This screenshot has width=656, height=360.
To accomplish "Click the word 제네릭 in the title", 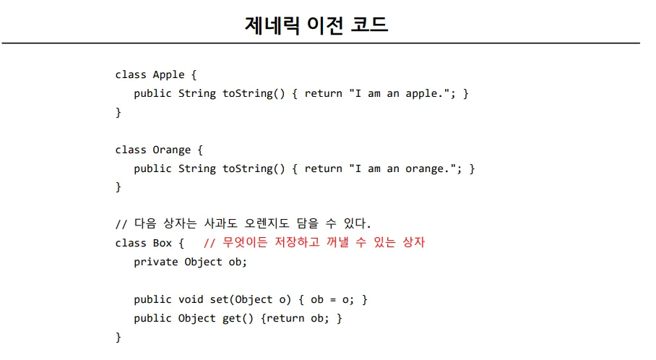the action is (272, 25).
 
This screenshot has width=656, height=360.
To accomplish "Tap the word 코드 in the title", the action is (368, 25).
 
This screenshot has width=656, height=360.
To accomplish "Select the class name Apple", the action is (168, 75).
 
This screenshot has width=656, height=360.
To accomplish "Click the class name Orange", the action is (171, 150).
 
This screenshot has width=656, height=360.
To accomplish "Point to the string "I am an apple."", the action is (400, 93).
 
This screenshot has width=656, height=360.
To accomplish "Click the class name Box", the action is (163, 243).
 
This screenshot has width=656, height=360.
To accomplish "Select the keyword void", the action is (191, 300).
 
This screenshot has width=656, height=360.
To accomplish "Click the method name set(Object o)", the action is (250, 300).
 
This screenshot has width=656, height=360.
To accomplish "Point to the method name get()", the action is (238, 319).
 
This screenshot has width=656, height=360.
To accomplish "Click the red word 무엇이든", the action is (245, 242).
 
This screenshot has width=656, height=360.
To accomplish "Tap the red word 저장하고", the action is (297, 242).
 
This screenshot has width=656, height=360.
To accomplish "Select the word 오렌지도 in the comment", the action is (267, 223).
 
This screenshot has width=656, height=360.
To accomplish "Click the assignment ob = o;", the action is (332, 300).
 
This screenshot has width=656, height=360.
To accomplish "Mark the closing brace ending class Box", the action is (118, 338).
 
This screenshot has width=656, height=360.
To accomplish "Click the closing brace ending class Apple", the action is (118, 113).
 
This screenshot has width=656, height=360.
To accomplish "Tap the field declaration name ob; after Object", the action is (238, 262).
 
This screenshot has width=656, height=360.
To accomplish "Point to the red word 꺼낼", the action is (337, 242).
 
